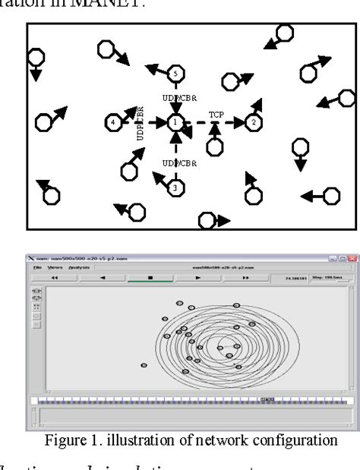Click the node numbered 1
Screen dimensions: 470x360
[x=175, y=121]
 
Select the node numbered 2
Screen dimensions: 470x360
[x=254, y=121]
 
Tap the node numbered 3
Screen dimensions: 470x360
[x=175, y=187]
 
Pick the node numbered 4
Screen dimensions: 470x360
[x=113, y=121]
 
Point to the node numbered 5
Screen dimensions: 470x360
[x=175, y=73]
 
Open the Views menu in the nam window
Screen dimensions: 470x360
[x=55, y=267]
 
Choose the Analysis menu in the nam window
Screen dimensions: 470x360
[x=79, y=267]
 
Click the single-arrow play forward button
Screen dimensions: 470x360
[x=198, y=278]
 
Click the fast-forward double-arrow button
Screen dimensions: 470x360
[x=245, y=278]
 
